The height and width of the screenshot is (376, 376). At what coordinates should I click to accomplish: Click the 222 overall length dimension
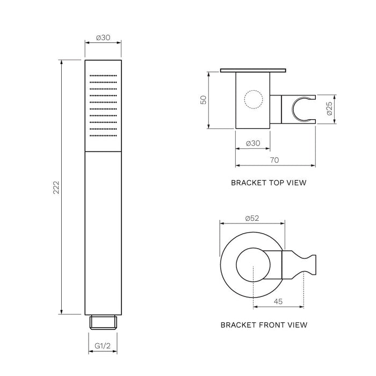click(x=56, y=187)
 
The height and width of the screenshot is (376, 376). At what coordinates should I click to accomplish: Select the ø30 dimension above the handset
click(x=103, y=38)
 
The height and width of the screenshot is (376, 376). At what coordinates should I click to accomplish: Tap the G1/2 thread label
click(x=103, y=346)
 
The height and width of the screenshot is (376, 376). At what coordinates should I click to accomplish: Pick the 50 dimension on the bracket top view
click(x=204, y=100)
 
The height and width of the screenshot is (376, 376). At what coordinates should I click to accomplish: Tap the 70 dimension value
click(x=274, y=160)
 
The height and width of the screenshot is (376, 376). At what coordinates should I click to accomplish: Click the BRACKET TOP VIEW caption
click(x=269, y=183)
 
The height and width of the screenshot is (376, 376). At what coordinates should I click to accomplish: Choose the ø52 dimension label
click(x=252, y=218)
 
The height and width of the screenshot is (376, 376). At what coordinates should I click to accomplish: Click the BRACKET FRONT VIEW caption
click(x=264, y=324)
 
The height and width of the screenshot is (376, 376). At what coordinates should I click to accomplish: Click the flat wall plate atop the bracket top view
click(x=253, y=70)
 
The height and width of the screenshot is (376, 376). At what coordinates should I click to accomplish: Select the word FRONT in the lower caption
click(x=271, y=324)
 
